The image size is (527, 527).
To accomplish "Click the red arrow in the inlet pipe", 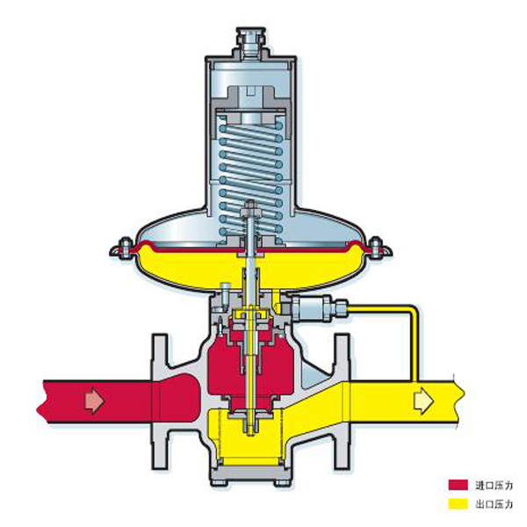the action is [x=95, y=401].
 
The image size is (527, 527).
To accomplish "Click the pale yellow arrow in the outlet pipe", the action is [x=424, y=401].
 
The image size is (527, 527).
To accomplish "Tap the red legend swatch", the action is [x=458, y=485].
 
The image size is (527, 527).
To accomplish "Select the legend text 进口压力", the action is [x=494, y=486].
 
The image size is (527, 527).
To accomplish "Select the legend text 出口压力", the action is [x=494, y=504].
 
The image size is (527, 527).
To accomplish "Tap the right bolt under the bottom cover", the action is [x=282, y=482].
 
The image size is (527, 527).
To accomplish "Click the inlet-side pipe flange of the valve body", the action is [x=160, y=401].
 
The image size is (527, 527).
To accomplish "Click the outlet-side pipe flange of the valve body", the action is [x=342, y=401].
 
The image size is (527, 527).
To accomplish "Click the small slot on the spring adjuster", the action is [x=250, y=92].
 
